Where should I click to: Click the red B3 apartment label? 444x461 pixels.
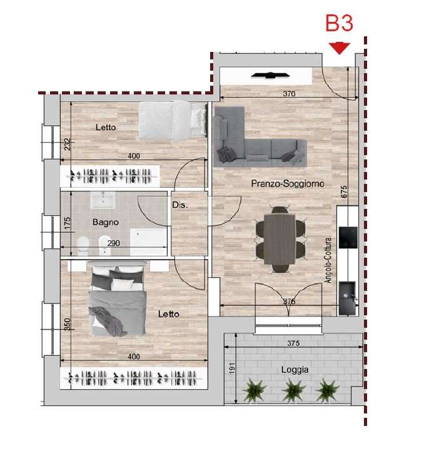(x=339, y=23)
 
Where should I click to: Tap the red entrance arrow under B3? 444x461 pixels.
(x=340, y=48)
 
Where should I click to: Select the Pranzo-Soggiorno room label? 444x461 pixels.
(x=288, y=184)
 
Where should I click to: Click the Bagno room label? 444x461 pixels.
(x=106, y=222)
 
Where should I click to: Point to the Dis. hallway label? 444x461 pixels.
(x=179, y=205)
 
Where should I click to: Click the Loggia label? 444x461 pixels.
(x=295, y=370)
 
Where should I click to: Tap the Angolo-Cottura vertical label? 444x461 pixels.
(x=328, y=260)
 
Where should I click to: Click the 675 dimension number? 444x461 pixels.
(x=344, y=191)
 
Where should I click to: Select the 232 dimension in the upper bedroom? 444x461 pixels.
(x=68, y=144)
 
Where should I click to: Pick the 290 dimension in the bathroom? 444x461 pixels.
(x=113, y=243)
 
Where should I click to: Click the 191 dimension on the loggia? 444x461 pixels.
(x=232, y=368)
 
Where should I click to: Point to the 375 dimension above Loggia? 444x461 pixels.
(x=293, y=343)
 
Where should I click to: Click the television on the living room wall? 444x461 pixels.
(x=271, y=76)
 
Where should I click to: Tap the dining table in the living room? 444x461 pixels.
(x=279, y=240)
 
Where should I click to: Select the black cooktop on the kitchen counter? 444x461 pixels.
(x=348, y=237)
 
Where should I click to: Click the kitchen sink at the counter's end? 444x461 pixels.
(x=347, y=298)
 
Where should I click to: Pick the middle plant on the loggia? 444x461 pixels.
(x=293, y=390)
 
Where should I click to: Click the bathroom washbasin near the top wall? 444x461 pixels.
(x=103, y=200)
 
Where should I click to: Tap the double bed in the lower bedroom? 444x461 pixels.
(x=118, y=299)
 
